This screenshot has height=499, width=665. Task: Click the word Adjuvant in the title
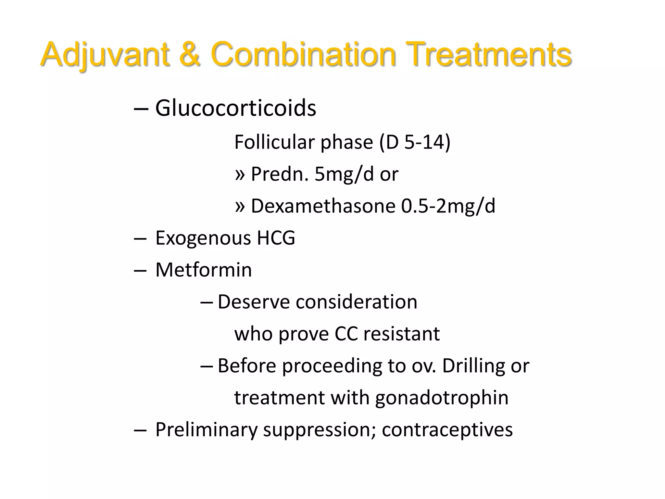pyautogui.click(x=105, y=54)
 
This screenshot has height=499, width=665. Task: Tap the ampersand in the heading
pyautogui.click(x=189, y=54)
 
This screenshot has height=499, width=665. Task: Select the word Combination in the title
pyautogui.click(x=303, y=54)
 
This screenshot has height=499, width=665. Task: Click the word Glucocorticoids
pyautogui.click(x=235, y=108)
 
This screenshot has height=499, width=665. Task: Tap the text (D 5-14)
pyautogui.click(x=415, y=142)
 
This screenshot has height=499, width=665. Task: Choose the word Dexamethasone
pyautogui.click(x=323, y=206)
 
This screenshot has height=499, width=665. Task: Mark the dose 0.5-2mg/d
pyautogui.click(x=448, y=206)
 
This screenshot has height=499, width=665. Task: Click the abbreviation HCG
pyautogui.click(x=276, y=238)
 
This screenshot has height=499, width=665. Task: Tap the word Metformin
pyautogui.click(x=204, y=270)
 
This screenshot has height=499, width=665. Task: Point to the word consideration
pyautogui.click(x=356, y=302)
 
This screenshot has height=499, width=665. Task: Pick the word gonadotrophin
pyautogui.click(x=442, y=398)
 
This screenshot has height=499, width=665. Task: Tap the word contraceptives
pyautogui.click(x=447, y=429)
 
